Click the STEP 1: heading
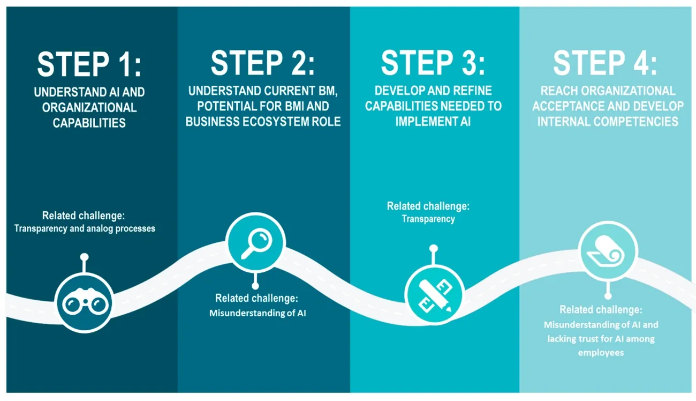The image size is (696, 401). pos(89,64)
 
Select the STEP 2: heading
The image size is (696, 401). pos(263,63)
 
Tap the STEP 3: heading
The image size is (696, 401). pos(433,63)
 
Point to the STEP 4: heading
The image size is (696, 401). pos(605,63)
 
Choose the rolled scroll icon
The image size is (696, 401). pos(608,251)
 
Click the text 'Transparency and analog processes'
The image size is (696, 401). pos(85,229)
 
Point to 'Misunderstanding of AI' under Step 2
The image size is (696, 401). pos(257,313)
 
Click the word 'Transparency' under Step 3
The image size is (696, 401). pos(428,219)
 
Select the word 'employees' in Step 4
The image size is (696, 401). pos(601,353)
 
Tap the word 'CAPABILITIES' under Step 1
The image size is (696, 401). pos(89,123)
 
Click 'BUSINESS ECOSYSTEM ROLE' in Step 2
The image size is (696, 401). pos(263,122)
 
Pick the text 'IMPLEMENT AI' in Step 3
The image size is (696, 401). pos(433,121)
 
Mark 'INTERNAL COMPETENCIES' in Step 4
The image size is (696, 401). pos(608,121)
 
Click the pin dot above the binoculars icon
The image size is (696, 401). pos(84,257)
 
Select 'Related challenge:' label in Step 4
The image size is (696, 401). pos(601,310)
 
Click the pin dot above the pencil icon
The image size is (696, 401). pos(434,248)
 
